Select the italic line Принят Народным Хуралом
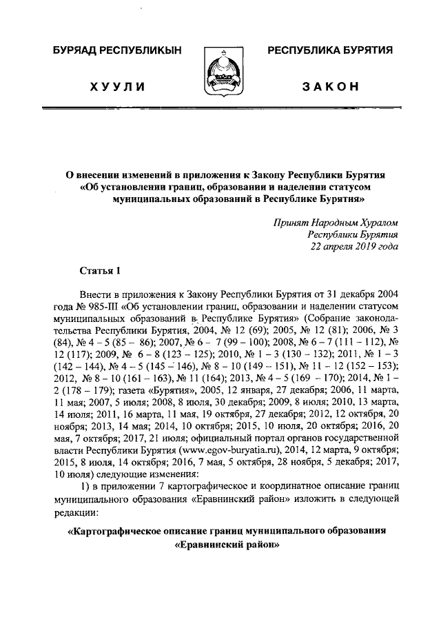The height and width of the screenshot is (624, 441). click(336, 223)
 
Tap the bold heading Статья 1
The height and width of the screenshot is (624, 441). click(101, 270)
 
